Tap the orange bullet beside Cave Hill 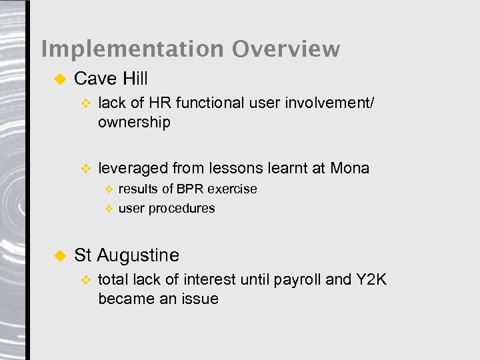click(58, 79)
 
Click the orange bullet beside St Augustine click(58, 255)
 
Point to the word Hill click(135, 79)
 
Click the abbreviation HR click(160, 103)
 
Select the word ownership click(134, 123)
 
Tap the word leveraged click(133, 168)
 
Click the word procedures click(181, 208)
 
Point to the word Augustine click(138, 255)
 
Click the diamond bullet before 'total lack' click(85, 280)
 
